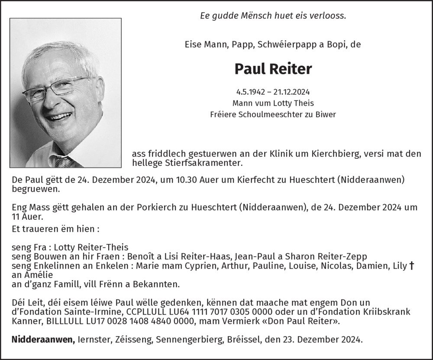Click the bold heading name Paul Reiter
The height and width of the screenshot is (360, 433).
pyautogui.click(x=273, y=68)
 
